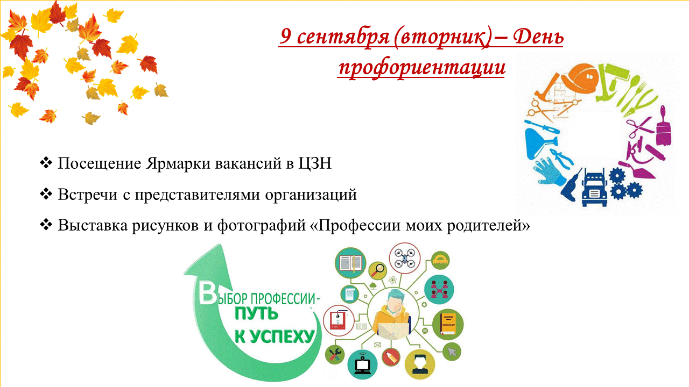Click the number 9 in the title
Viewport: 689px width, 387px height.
pos(286,35)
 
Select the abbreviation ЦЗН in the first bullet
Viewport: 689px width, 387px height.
pos(315,163)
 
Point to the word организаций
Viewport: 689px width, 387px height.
pos(311,195)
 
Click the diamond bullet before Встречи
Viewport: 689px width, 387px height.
pos(46,194)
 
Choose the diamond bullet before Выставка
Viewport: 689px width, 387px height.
pos(46,225)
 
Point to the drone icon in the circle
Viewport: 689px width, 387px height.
pos(404,257)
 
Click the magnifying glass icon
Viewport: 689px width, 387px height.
pos(378,270)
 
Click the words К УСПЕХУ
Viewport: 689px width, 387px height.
pos(275,336)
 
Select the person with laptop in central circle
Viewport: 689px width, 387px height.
pos(392,314)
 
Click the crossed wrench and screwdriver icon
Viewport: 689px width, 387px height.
pos(334,354)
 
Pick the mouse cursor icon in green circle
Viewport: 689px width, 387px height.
pos(452,352)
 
